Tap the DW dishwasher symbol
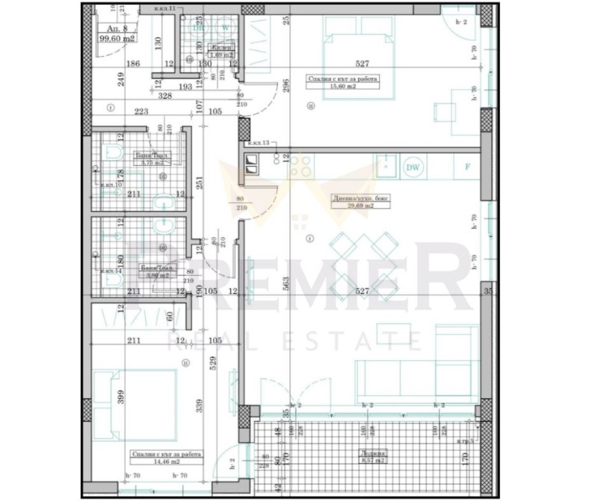pyautogui.click(x=412, y=167)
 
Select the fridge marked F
pyautogui.click(x=467, y=167)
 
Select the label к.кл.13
pyautogui.click(x=257, y=141)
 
